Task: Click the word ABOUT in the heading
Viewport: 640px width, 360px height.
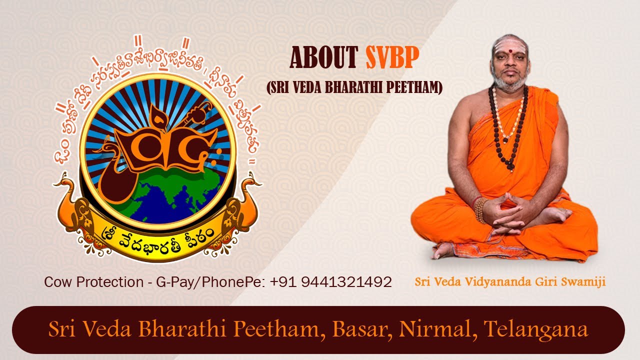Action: click(x=324, y=58)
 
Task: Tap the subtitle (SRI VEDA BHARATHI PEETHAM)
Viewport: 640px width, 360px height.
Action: click(x=355, y=88)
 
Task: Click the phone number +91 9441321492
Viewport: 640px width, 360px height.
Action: click(x=330, y=282)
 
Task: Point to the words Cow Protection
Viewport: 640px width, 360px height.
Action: click(x=93, y=282)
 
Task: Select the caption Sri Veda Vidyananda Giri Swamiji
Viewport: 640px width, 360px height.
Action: click(x=510, y=282)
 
